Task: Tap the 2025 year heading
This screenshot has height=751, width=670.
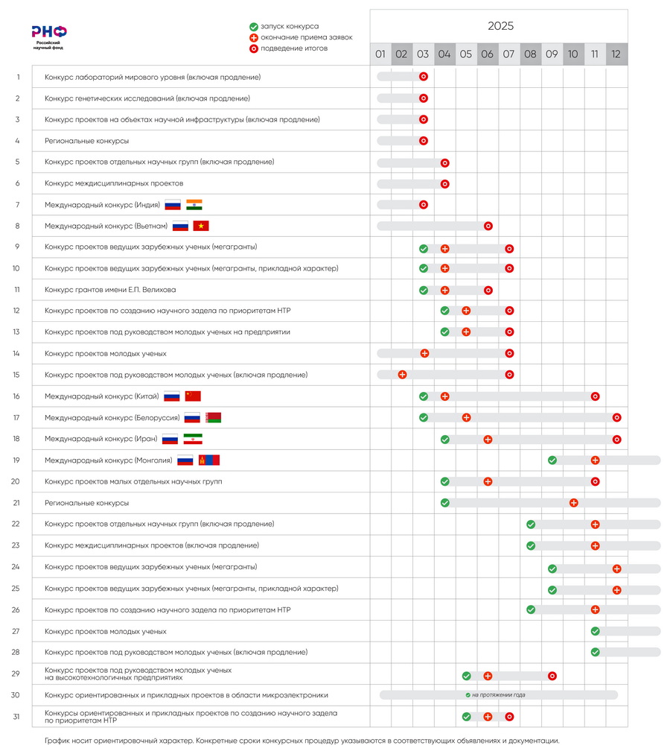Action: [500, 26]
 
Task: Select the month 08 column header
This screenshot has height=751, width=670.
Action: [530, 54]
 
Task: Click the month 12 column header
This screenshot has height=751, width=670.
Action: [616, 54]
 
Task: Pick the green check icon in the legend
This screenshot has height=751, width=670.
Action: [254, 26]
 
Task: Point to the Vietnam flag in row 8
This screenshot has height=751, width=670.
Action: [201, 226]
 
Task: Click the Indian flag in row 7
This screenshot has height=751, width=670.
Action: [194, 205]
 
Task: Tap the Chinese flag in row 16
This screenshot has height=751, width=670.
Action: [193, 396]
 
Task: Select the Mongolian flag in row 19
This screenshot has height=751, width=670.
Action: [209, 460]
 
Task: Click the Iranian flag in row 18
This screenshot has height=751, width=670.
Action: [193, 440]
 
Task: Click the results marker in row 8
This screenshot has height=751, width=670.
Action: [488, 226]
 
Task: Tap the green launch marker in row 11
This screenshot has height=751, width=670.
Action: [424, 290]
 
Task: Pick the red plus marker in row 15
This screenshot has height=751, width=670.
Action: [402, 375]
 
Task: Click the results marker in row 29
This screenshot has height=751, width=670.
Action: [552, 676]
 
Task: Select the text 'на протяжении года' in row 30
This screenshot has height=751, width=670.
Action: [498, 695]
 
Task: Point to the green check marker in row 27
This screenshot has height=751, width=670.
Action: [595, 632]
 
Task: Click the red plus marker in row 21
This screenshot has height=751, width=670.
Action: [573, 503]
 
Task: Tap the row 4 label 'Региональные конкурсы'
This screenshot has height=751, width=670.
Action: [86, 141]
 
